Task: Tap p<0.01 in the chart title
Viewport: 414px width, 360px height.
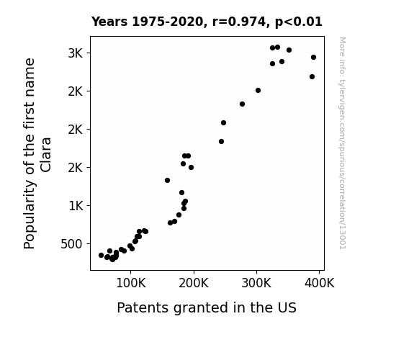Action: (x=299, y=22)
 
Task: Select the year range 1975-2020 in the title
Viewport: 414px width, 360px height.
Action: (x=168, y=22)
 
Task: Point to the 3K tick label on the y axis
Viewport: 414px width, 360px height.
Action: (x=76, y=53)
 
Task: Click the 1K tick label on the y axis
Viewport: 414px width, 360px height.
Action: (x=76, y=206)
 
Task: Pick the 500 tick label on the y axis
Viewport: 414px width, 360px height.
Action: (x=71, y=244)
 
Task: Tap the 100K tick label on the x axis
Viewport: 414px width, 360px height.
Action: (x=131, y=284)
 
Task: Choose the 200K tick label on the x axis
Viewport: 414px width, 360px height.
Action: (x=194, y=284)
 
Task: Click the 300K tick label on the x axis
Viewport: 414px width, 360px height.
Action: (x=256, y=284)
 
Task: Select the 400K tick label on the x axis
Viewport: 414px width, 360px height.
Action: (x=320, y=284)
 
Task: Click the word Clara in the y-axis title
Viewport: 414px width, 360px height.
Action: (x=45, y=155)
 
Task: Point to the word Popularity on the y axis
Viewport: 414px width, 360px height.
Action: (x=29, y=215)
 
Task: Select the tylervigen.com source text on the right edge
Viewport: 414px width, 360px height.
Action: (x=343, y=143)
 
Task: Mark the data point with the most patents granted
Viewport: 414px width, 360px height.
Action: (x=313, y=58)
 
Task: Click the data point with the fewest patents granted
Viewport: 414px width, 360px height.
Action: (x=101, y=255)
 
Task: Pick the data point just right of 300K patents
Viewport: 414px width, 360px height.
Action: (x=258, y=90)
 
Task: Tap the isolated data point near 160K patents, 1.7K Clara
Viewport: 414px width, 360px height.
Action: (x=167, y=181)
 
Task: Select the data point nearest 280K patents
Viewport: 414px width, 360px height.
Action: (x=242, y=104)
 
